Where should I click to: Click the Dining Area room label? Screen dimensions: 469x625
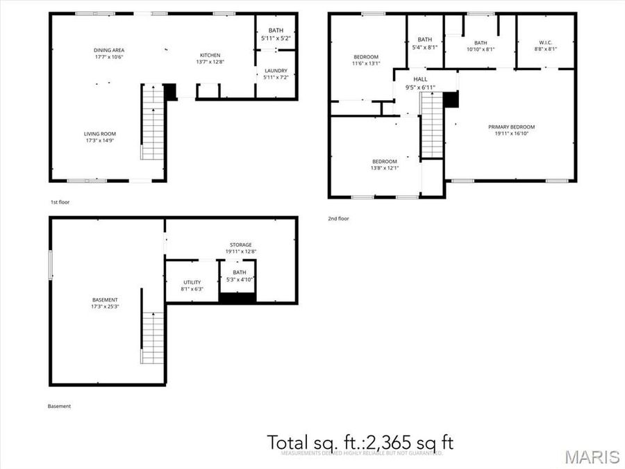coord(108,50)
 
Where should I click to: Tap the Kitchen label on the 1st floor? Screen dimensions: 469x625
coord(210,56)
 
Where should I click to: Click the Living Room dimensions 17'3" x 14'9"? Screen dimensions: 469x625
coord(100,140)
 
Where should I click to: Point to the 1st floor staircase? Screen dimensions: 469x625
coord(152,122)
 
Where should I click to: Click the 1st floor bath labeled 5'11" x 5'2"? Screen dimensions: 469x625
coord(276,35)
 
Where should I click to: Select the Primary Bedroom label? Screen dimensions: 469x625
coord(511,127)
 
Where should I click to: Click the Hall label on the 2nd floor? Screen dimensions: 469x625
coord(421,80)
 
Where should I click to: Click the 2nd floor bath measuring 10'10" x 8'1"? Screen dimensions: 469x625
coord(481,43)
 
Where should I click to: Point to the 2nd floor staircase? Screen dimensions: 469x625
coord(432,126)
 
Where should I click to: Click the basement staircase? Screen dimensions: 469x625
coord(153,338)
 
